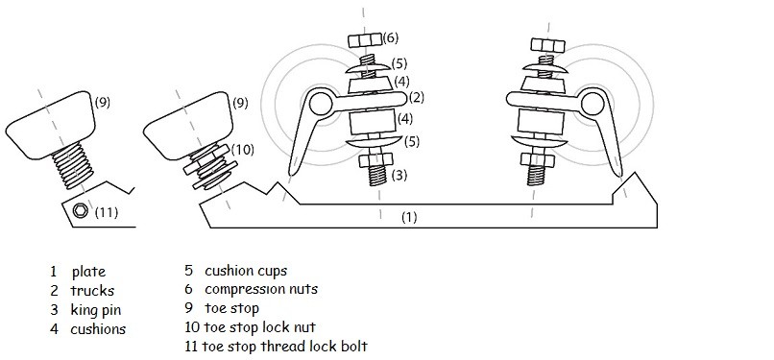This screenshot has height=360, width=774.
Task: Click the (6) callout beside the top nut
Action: [x=390, y=38]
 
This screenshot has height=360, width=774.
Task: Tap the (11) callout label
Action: [x=107, y=212]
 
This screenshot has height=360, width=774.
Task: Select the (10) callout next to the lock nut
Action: [x=242, y=150]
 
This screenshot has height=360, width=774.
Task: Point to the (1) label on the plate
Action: [x=409, y=218]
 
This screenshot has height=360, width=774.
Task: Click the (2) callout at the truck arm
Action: [x=416, y=97]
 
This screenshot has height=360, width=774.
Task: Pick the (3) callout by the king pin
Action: [x=399, y=175]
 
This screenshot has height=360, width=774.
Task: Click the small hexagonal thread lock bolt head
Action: [x=80, y=210]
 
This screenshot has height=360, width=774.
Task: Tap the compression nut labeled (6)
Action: [x=365, y=40]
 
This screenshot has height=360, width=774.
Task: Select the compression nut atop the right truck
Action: [x=548, y=45]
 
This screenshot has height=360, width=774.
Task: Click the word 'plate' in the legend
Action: [x=89, y=272]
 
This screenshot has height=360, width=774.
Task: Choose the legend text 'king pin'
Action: [x=96, y=310]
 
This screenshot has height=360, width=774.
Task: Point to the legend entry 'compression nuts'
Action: [x=261, y=289]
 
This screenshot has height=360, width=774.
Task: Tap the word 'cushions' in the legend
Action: [x=98, y=329]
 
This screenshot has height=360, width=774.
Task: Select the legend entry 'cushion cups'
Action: [x=246, y=271]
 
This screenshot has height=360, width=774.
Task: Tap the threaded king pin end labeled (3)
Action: [x=378, y=175]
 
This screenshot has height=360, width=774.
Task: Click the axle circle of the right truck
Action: [x=593, y=104]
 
